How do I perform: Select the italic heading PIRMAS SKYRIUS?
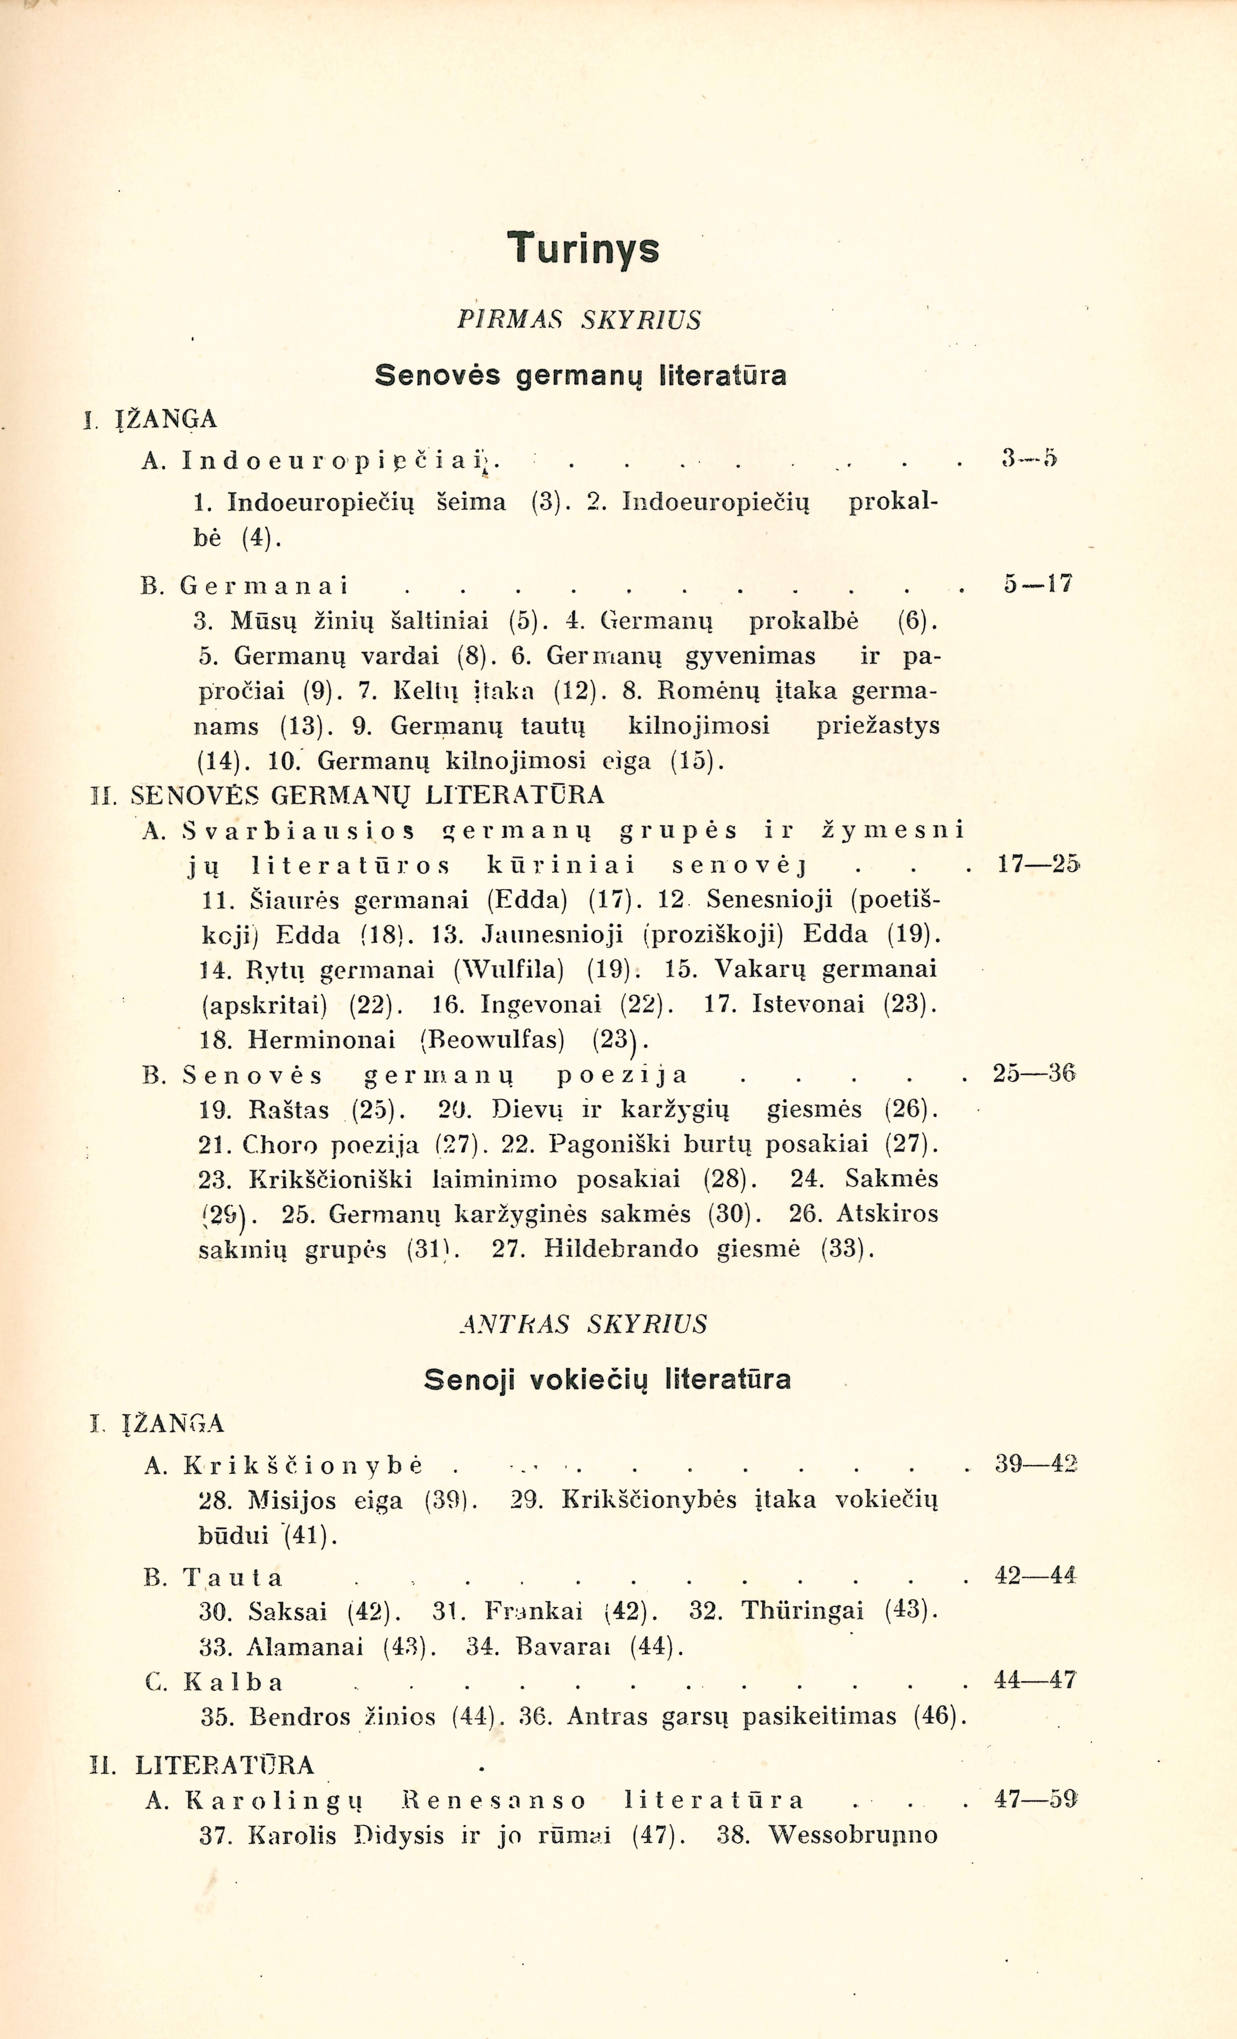(x=579, y=320)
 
